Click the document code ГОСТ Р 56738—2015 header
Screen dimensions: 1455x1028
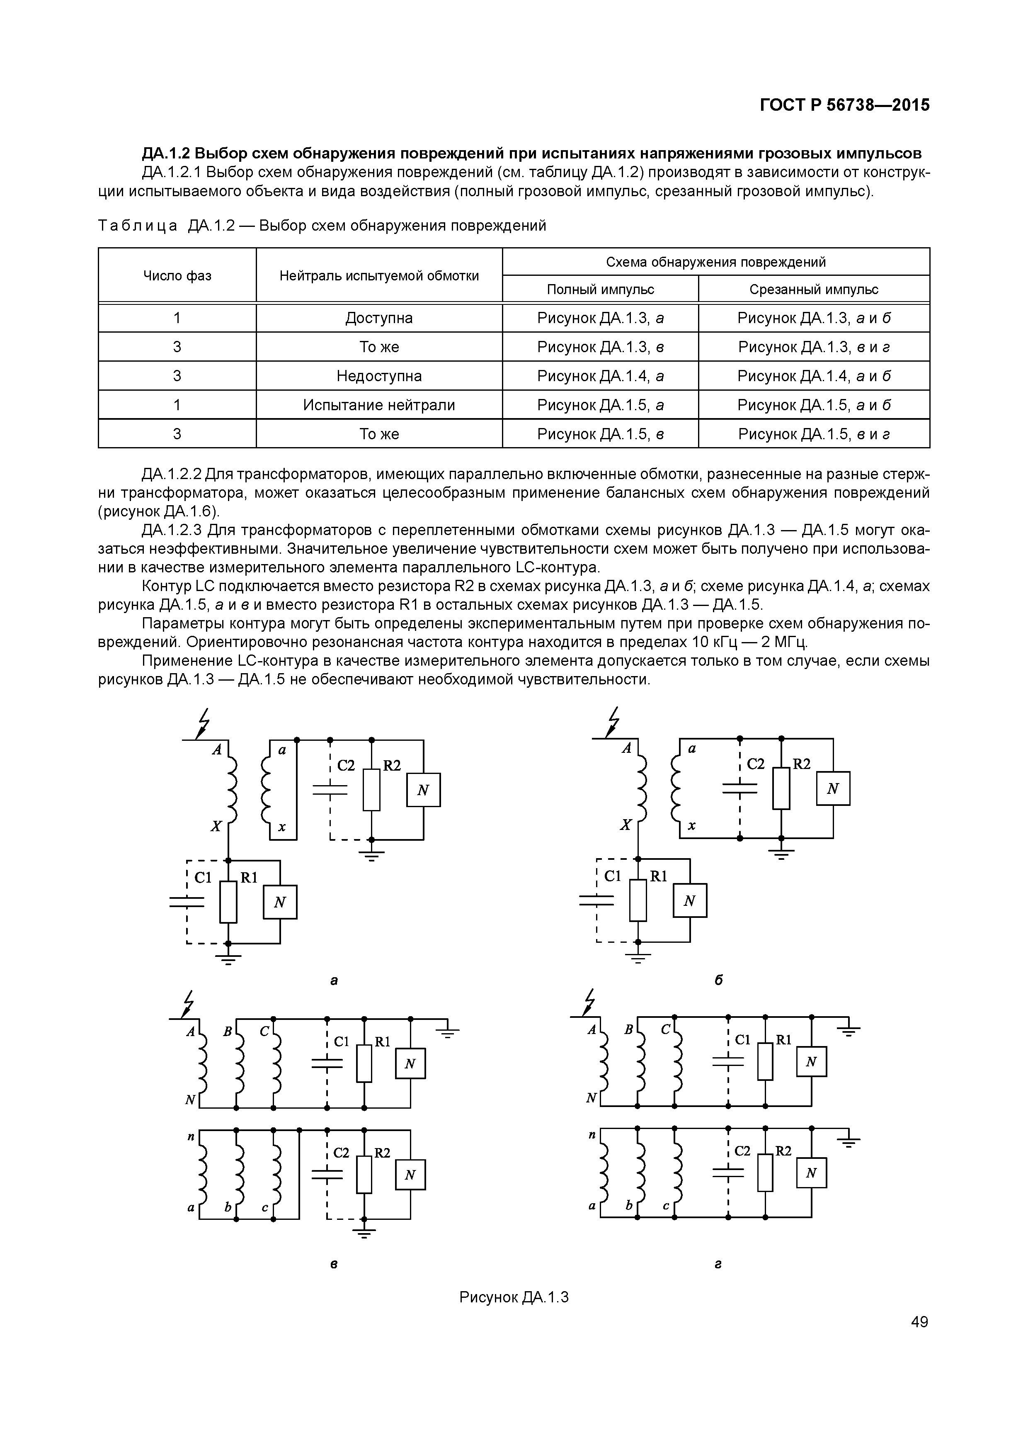[844, 105]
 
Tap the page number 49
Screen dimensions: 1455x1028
[919, 1321]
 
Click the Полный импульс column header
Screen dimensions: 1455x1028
[600, 290]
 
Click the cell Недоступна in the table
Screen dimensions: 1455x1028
[379, 376]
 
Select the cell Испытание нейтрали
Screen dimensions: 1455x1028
[379, 405]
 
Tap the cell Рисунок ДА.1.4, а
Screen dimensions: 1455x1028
[600, 376]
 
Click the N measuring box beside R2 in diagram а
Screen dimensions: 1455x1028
[423, 790]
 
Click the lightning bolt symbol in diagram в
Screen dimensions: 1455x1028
[187, 1004]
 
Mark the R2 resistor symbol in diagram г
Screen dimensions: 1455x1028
[765, 1173]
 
